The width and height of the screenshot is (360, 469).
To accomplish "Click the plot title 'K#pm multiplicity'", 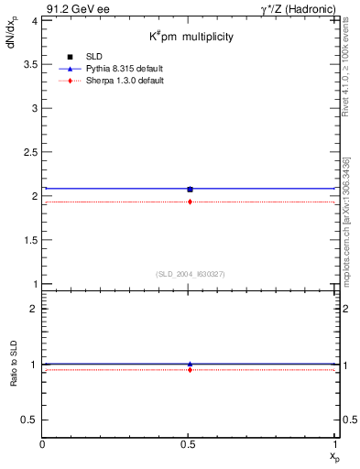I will [191, 37].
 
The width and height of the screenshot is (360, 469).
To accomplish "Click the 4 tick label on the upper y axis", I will [34, 20].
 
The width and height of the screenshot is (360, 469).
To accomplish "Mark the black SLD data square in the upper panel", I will [190, 190].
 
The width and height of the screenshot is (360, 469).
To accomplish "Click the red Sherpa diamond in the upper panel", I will [190, 202].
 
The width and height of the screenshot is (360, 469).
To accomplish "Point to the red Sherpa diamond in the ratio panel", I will [190, 369].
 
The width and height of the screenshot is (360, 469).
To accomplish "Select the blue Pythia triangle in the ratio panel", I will [190, 364].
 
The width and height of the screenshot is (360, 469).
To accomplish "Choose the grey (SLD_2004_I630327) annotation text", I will [190, 274].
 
